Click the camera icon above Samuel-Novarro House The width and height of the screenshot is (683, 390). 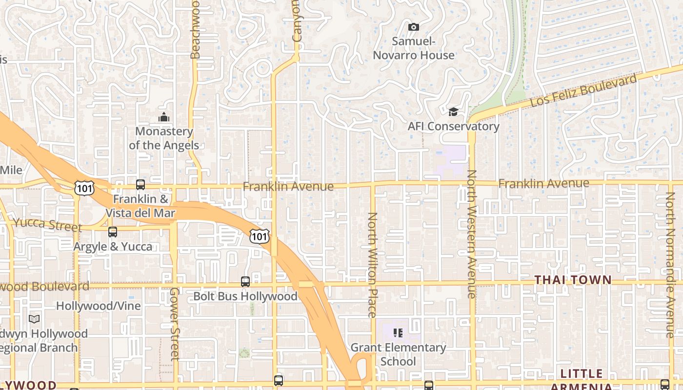tap(413, 27)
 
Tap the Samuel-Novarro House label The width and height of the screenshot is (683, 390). tap(414, 48)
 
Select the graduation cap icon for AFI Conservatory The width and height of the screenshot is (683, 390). tap(453, 113)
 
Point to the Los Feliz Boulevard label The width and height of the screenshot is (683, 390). tap(583, 90)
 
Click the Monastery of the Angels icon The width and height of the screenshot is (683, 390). tap(164, 117)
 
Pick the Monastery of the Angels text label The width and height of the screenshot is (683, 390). tap(164, 138)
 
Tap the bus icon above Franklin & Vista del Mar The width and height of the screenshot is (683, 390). tap(141, 185)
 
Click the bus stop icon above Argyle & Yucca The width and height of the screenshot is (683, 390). tap(113, 232)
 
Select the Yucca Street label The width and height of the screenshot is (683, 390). tap(47, 225)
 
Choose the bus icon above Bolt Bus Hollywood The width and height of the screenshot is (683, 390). tap(245, 282)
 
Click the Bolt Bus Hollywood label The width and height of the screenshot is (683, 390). tap(245, 296)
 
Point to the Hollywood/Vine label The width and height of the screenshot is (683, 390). tap(99, 306)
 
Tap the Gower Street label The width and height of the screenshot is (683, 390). tap(175, 324)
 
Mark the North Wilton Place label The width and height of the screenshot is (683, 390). tap(372, 265)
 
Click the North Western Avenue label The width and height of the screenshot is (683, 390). tap(471, 234)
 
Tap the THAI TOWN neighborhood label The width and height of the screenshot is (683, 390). tap(573, 280)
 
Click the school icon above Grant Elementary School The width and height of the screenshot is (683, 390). tap(398, 333)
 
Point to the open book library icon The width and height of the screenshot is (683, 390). tap(34, 319)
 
